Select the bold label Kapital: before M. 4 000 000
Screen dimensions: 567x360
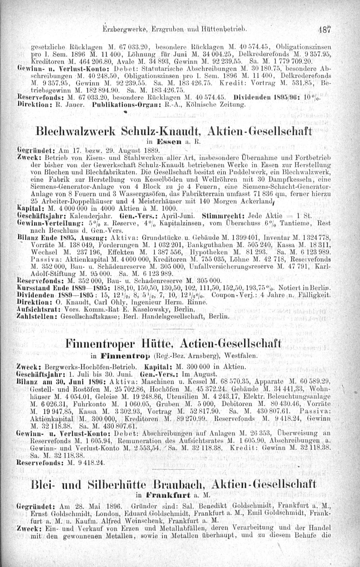28,208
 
